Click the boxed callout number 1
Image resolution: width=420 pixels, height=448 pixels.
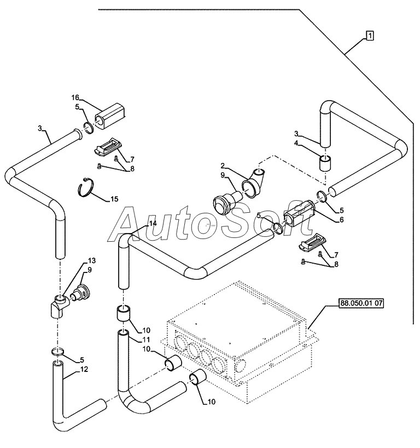pos(370,36)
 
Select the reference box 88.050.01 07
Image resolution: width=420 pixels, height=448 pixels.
pos(361,303)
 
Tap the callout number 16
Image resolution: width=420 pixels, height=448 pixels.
pos(75,98)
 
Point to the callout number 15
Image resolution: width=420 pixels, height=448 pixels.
pos(114,199)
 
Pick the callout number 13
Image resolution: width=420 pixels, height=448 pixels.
pos(92,260)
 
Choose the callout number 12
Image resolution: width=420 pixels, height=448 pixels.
pos(84,369)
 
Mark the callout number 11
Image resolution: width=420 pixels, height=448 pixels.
pos(146,340)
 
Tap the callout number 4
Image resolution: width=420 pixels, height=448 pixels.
pos(296,143)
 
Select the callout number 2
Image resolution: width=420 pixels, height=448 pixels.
pos(223,165)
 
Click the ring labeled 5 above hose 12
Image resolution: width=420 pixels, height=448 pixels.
pos(59,352)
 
